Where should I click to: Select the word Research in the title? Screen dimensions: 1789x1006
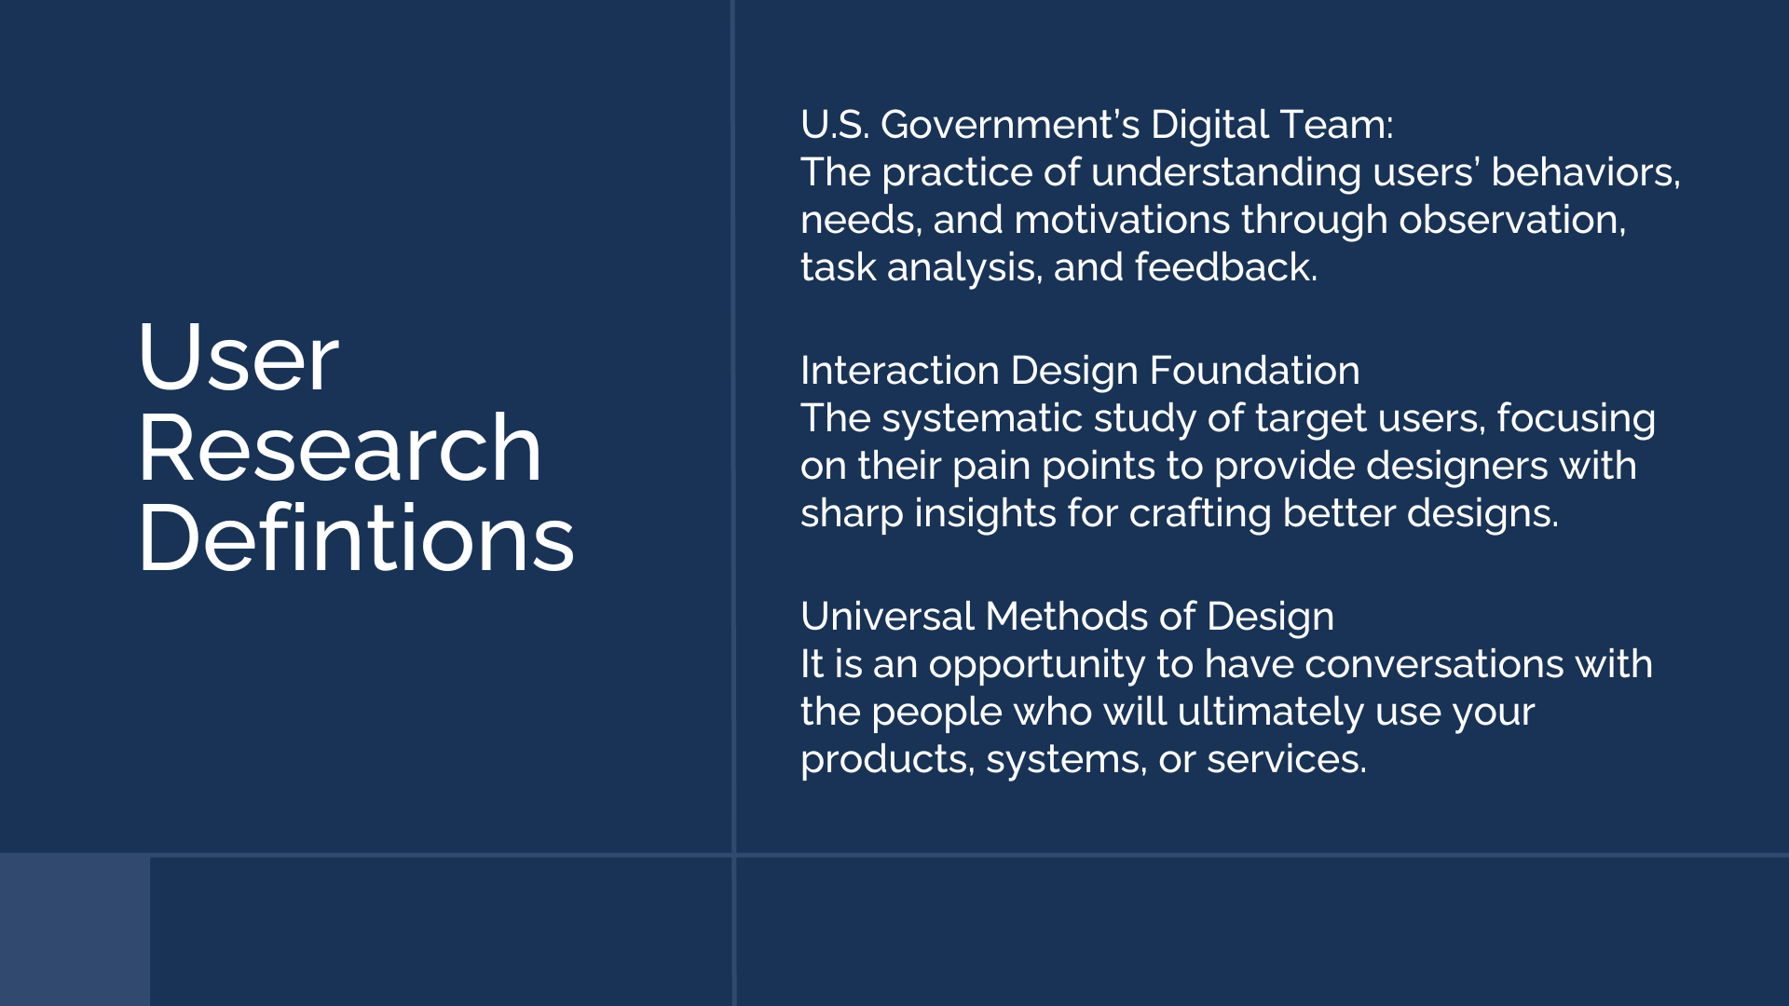tap(340, 448)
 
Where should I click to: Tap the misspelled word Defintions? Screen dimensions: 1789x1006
tap(356, 537)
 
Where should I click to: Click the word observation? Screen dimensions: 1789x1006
tap(1512, 221)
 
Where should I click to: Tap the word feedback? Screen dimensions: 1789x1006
tap(1226, 267)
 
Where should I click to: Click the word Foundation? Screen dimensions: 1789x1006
tap(1254, 371)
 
